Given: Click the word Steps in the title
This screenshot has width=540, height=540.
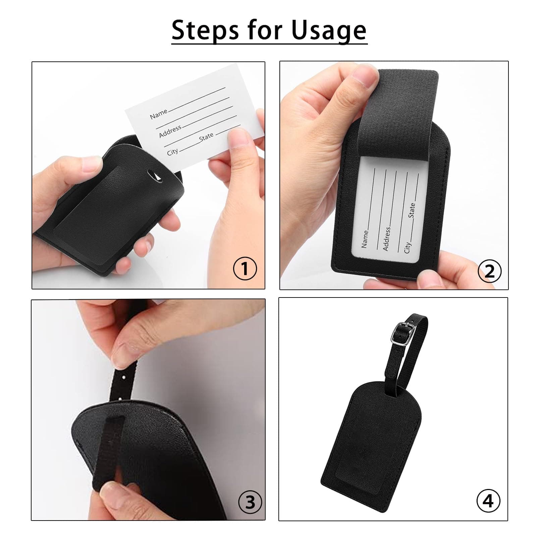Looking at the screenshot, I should (x=206, y=30).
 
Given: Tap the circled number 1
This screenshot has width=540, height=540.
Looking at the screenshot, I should (x=245, y=269).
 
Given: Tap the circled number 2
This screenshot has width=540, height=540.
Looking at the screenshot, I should (x=490, y=271).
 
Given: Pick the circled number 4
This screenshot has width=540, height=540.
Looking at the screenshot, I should (x=488, y=501).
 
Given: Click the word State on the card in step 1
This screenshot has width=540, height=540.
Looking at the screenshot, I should (x=206, y=137).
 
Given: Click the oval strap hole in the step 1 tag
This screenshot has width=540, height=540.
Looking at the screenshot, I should (x=155, y=175).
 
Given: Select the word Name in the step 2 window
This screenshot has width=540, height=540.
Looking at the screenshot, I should (x=365, y=239).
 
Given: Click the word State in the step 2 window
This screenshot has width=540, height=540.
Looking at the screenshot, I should (x=412, y=210).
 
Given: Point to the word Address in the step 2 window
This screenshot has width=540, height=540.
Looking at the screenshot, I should (x=386, y=239).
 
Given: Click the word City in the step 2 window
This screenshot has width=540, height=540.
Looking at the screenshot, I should (x=407, y=248).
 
